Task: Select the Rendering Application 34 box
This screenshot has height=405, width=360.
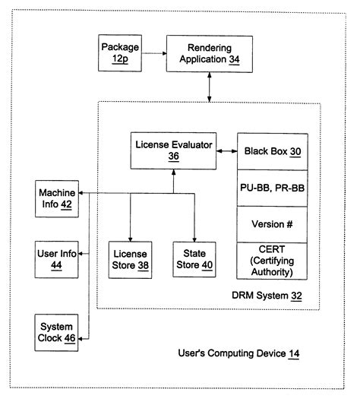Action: pyautogui.click(x=209, y=53)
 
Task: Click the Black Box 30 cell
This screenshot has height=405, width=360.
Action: pyautogui.click(x=272, y=151)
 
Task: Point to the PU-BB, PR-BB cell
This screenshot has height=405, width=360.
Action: pyautogui.click(x=272, y=188)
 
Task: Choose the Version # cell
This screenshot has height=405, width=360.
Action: pyautogui.click(x=272, y=226)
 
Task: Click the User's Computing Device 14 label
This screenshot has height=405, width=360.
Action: pyautogui.click(x=238, y=353)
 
